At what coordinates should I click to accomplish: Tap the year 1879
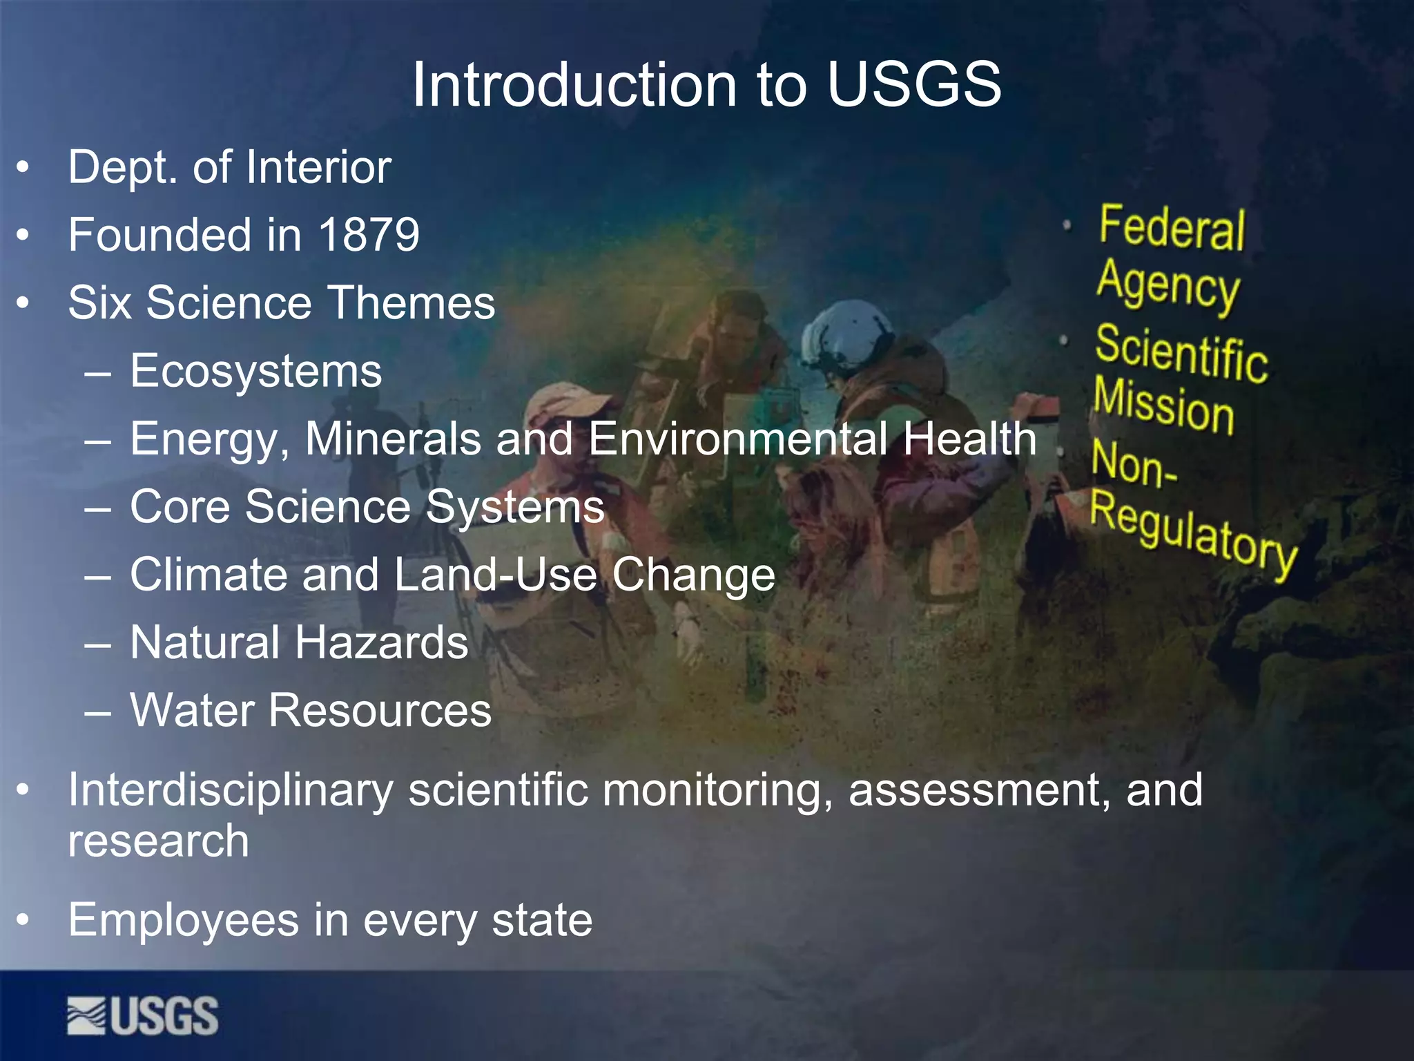(x=369, y=235)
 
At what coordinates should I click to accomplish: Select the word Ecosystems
(x=255, y=371)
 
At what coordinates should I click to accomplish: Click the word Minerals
(x=393, y=439)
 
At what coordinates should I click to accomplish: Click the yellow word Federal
(x=1172, y=228)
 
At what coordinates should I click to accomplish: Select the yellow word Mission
(x=1164, y=405)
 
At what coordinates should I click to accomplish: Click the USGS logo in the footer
(x=143, y=1015)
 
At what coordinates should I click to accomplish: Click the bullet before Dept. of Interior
(x=23, y=168)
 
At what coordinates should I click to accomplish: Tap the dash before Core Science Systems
(x=98, y=508)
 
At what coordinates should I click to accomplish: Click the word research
(x=158, y=841)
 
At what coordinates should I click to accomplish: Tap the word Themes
(x=411, y=303)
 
